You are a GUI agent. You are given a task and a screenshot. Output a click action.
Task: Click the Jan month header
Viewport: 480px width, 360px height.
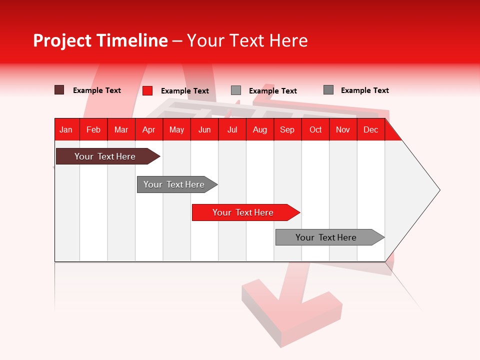point(66,129)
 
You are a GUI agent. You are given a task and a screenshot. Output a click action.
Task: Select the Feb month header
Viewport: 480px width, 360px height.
point(93,129)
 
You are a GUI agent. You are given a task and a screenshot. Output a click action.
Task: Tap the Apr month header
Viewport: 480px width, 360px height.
point(148,129)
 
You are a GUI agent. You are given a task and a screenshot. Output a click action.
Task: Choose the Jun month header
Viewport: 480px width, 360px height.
point(204,129)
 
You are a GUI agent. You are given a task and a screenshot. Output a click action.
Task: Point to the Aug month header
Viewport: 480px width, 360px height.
point(259,129)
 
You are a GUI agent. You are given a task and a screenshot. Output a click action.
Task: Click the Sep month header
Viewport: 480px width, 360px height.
point(287,129)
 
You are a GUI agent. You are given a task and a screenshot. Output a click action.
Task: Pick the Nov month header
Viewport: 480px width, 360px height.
point(342,129)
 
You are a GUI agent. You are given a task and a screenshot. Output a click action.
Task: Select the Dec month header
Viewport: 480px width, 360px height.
point(370,129)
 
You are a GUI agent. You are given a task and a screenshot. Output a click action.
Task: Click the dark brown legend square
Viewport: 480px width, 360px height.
point(59,90)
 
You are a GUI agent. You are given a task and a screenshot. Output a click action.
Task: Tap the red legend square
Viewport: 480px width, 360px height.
point(147,90)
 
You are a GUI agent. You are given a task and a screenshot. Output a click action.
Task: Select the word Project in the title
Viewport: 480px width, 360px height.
point(62,40)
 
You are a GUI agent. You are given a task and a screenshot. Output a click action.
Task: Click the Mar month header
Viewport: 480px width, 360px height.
point(121,129)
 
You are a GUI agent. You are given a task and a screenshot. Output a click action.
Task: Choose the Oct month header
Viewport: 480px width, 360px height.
point(315,129)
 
